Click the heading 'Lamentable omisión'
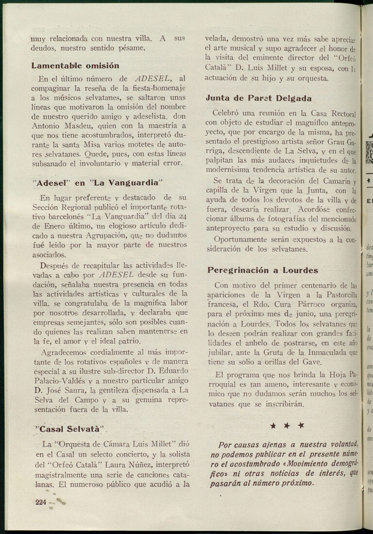pos(75,66)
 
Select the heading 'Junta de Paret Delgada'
pos(258,98)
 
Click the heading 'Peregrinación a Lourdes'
pos(263,270)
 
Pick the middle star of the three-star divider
pos(287,426)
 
